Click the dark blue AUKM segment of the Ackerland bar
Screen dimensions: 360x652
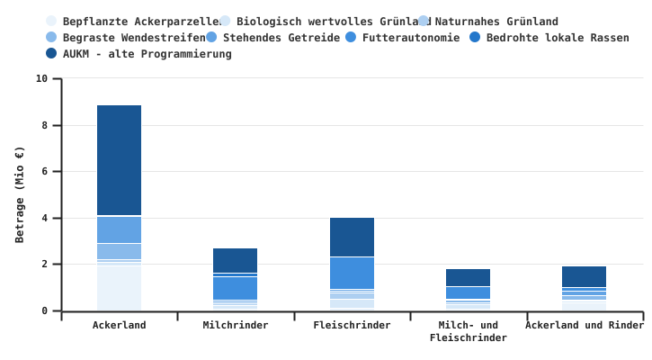119,160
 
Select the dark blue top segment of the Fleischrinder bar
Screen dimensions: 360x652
352,237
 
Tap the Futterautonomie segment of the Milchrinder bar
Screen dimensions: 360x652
235,288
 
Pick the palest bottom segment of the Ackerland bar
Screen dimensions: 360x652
119,288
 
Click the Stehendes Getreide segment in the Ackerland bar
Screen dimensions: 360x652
119,229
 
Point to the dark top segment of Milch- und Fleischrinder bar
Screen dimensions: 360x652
468,277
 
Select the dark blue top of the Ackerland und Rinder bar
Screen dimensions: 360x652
584,276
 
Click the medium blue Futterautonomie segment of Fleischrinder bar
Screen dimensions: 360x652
352,273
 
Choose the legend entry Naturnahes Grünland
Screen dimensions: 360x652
496,22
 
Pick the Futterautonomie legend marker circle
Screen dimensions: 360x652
351,38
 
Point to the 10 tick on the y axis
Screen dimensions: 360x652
42,78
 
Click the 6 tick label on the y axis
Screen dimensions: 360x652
45,172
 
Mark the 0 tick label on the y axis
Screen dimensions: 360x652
45,311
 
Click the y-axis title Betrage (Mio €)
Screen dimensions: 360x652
20,194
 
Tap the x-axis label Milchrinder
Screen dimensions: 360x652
235,326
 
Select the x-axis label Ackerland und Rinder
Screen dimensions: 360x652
585,326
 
